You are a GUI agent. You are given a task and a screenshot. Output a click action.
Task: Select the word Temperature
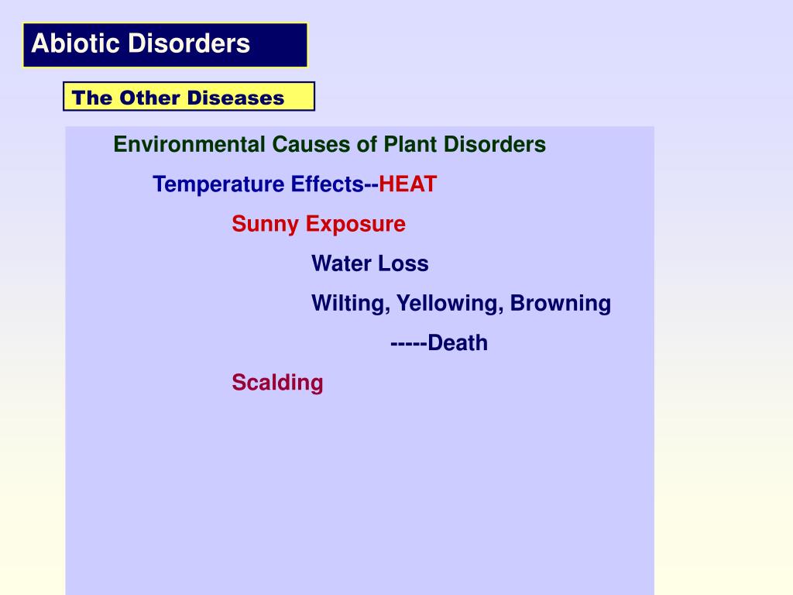pos(219,185)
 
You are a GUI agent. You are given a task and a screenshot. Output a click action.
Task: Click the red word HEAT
pos(408,184)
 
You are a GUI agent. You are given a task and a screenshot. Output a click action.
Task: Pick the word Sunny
pos(265,225)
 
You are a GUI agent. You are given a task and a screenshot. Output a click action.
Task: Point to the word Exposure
pos(355,225)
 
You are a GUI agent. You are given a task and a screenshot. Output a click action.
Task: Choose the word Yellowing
pos(448,304)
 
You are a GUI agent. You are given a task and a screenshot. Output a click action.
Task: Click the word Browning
pos(561,303)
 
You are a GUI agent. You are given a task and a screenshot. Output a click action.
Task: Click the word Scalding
pos(277,383)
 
